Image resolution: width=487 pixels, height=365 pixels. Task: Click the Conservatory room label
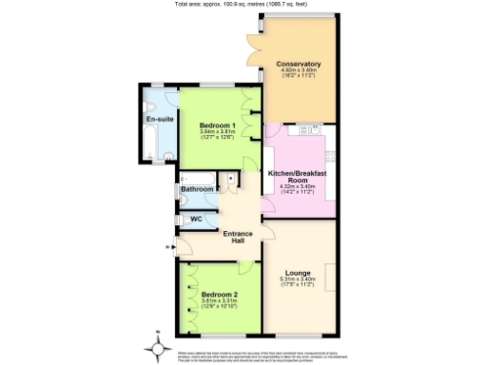pyautogui.click(x=299, y=64)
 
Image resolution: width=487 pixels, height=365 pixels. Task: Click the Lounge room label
pyautogui.click(x=298, y=274)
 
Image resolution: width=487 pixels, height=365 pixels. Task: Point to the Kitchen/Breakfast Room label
pyautogui.click(x=298, y=176)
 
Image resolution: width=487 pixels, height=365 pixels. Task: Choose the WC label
pyautogui.click(x=197, y=220)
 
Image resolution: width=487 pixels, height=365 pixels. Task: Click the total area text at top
pyautogui.click(x=243, y=4)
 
